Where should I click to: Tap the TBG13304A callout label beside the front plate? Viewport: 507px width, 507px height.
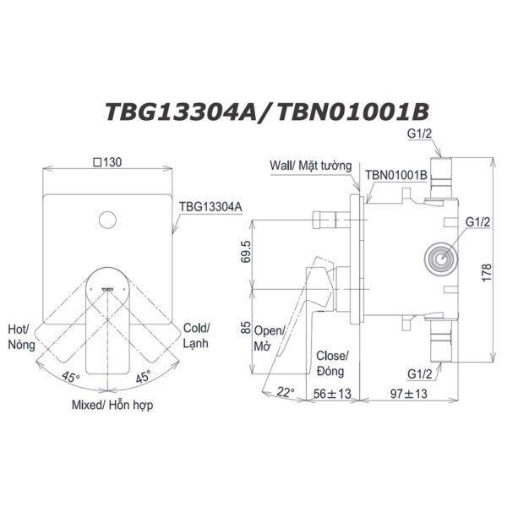coord(210,205)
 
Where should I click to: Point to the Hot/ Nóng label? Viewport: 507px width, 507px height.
coord(19,336)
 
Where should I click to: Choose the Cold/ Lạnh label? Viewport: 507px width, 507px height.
coord(197,336)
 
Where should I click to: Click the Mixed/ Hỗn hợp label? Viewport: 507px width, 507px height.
coord(106,405)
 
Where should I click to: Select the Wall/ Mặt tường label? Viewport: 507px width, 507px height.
coord(310,166)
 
